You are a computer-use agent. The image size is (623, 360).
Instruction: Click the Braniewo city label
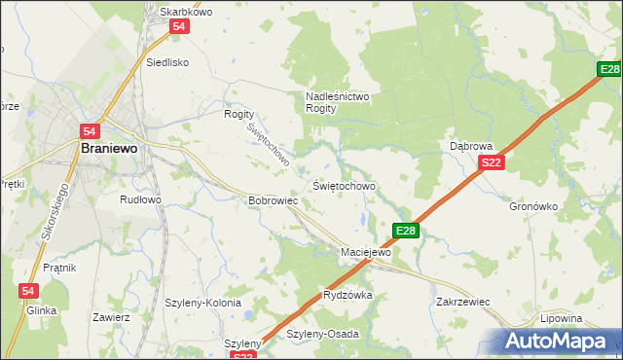click(x=109, y=149)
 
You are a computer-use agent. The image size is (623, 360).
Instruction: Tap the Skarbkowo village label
click(x=186, y=12)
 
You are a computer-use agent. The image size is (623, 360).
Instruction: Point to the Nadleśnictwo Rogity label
click(x=335, y=102)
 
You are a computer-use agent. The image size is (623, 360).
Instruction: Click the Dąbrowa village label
click(x=471, y=146)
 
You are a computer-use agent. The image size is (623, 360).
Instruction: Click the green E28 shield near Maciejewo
click(x=406, y=231)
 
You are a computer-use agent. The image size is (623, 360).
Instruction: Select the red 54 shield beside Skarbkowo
click(x=178, y=28)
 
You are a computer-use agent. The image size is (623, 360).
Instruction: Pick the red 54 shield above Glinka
click(x=28, y=291)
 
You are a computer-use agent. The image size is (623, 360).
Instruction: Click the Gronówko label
click(x=533, y=206)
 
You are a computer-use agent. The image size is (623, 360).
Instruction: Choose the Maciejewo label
click(x=365, y=252)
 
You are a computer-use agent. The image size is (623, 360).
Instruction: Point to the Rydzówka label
click(x=348, y=295)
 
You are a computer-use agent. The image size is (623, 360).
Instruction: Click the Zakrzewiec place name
click(x=462, y=302)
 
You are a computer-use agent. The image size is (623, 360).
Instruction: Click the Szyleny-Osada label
click(x=322, y=334)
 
